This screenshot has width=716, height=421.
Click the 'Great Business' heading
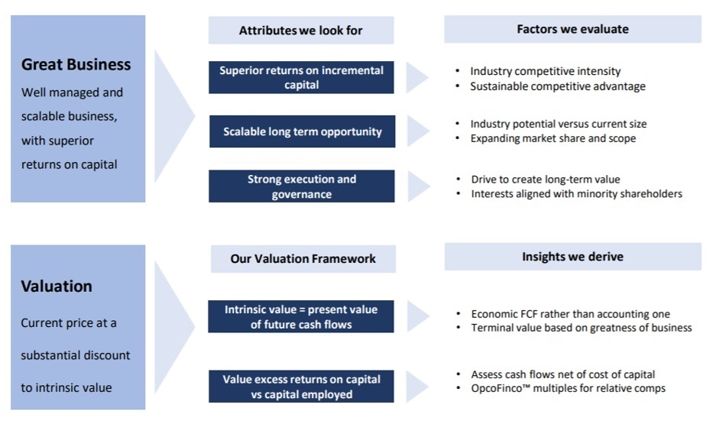tap(76, 64)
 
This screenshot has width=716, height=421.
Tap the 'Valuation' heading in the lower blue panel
tap(57, 287)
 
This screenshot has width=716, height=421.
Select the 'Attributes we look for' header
tap(301, 30)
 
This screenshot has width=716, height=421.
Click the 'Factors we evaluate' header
tap(572, 29)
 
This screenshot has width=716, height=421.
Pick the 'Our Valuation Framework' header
tap(303, 259)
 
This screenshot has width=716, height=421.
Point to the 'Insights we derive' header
tap(572, 257)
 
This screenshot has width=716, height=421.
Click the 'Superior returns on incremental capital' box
tap(301, 78)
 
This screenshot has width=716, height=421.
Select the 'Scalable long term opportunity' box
tap(303, 131)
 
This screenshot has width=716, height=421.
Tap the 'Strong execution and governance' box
tap(302, 186)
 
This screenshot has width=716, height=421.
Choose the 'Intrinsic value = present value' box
tap(301, 316)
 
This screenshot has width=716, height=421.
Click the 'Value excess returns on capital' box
tap(301, 387)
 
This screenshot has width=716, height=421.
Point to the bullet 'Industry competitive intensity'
tap(546, 71)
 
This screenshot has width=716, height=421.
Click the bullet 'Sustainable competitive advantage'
tap(558, 86)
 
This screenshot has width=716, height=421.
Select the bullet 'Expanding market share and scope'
tap(553, 138)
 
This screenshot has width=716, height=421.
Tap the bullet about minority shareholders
tap(577, 194)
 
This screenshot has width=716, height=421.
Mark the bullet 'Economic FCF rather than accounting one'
tap(571, 314)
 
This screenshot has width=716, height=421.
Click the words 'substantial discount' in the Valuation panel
tap(76, 355)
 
